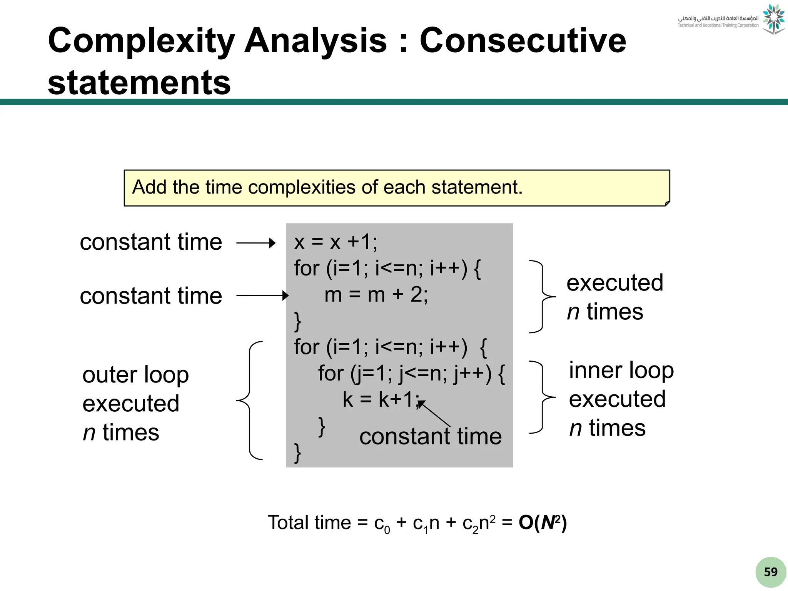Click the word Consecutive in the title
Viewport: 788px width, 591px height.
(x=523, y=41)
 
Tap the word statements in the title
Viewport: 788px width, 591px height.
(x=139, y=82)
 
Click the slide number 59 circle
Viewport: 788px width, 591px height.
(x=770, y=572)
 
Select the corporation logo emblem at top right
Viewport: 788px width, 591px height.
(x=773, y=19)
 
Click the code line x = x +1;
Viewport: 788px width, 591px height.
(x=336, y=242)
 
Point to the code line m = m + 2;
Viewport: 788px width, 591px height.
(x=376, y=295)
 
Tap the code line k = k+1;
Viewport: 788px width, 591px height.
(x=381, y=399)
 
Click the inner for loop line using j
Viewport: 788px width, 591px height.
(x=411, y=373)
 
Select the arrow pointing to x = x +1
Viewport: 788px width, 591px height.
(x=256, y=243)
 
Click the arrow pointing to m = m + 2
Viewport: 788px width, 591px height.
(x=262, y=295)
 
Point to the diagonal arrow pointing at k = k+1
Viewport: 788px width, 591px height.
(x=434, y=414)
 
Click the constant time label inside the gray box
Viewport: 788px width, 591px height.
(x=430, y=437)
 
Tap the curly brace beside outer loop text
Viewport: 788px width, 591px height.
(x=249, y=400)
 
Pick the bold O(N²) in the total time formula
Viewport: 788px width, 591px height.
(x=543, y=523)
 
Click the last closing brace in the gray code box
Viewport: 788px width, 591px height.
(x=297, y=453)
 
